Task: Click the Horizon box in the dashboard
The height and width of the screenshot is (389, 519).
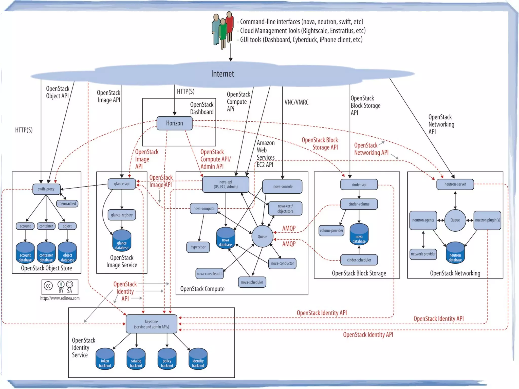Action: pyautogui.click(x=174, y=123)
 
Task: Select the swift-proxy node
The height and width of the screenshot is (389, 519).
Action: pyautogui.click(x=46, y=189)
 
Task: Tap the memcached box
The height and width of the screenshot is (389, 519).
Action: pyautogui.click(x=67, y=203)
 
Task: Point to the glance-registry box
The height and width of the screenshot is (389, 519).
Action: pyautogui.click(x=122, y=215)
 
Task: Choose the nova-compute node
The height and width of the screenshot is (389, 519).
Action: pyautogui.click(x=204, y=209)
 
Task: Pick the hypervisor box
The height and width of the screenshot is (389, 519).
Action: pyautogui.click(x=198, y=247)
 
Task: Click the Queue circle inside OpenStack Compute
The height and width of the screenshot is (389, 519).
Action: pyautogui.click(x=262, y=236)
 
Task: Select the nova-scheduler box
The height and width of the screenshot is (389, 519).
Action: pyautogui.click(x=252, y=282)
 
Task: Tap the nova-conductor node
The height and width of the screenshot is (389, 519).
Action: pyautogui.click(x=282, y=264)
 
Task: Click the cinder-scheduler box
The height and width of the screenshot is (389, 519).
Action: pyautogui.click(x=359, y=260)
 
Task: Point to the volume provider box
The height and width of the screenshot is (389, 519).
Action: pyautogui.click(x=331, y=231)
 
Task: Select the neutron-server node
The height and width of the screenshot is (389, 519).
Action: pyautogui.click(x=455, y=184)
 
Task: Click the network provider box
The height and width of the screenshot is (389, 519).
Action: pyautogui.click(x=423, y=254)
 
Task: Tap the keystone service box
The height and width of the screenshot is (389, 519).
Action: pyautogui.click(x=152, y=324)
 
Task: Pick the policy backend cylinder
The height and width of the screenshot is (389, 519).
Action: pyautogui.click(x=167, y=359)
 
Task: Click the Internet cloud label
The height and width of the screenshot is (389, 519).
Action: pyautogui.click(x=223, y=74)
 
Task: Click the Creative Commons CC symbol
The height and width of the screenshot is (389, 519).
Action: pyautogui.click(x=48, y=286)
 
